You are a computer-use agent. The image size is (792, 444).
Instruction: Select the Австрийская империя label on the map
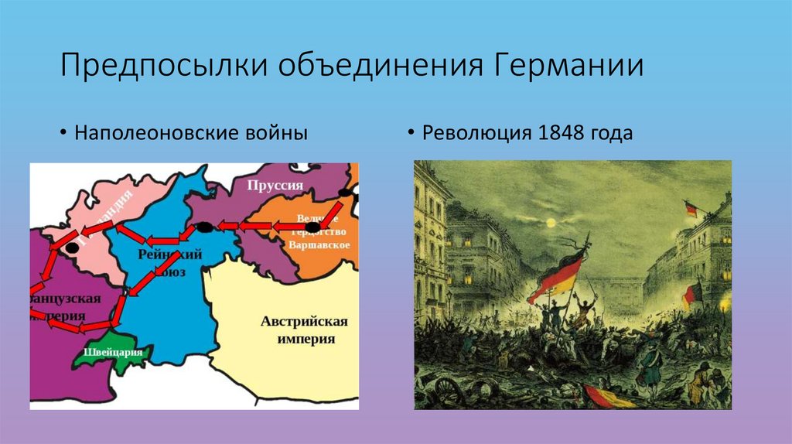pyautogui.click(x=304, y=330)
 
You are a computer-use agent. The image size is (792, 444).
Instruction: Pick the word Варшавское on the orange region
pyautogui.click(x=319, y=244)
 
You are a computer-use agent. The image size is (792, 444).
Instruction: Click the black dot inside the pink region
pyautogui.click(x=71, y=248)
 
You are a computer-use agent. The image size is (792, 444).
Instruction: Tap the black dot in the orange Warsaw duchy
pyautogui.click(x=312, y=226)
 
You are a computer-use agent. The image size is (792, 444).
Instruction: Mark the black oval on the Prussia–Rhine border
pyautogui.click(x=205, y=227)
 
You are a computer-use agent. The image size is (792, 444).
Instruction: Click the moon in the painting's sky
pyautogui.click(x=551, y=223)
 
